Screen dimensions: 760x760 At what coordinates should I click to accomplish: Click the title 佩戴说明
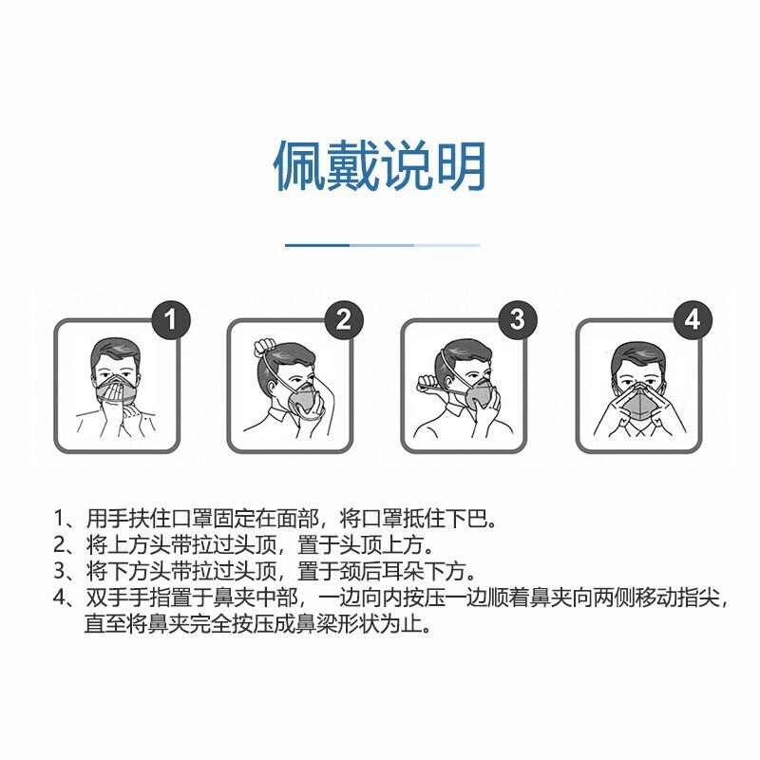point(380,166)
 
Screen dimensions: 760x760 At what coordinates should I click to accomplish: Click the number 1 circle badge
point(171,319)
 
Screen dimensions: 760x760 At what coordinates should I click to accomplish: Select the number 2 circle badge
point(344,319)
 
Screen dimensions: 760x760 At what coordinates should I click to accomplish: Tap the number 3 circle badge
point(517,319)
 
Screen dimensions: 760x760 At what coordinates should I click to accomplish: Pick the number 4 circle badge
point(693,319)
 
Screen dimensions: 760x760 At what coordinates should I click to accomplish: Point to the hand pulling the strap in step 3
point(427,387)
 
